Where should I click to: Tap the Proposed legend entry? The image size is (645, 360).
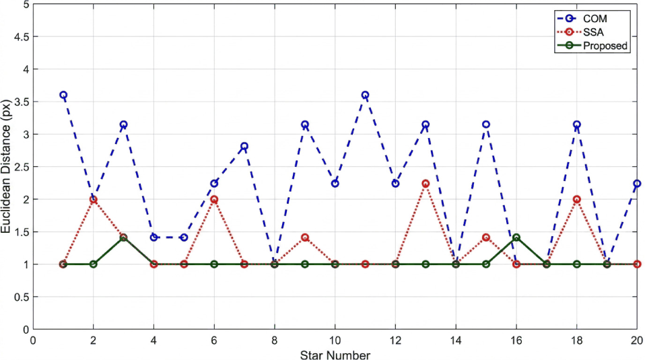592,46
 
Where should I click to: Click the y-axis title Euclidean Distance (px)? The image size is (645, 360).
6,166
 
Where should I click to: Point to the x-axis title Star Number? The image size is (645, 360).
335,355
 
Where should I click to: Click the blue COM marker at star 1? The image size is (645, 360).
63,95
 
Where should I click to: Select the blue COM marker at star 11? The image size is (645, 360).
365,95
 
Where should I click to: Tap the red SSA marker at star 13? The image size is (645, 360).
426,184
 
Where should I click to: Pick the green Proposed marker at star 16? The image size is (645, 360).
516,238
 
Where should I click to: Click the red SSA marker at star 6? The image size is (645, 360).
214,199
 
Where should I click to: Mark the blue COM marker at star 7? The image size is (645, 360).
244,146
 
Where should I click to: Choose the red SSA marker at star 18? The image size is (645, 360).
577,199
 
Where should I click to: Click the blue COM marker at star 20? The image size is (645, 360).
637,184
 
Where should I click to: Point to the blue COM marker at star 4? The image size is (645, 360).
154,238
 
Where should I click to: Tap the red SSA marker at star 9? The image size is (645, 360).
305,238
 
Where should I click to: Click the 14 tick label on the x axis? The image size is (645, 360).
456,340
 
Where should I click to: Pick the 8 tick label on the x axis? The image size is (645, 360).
275,340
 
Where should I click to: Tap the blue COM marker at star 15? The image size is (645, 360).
486,124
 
